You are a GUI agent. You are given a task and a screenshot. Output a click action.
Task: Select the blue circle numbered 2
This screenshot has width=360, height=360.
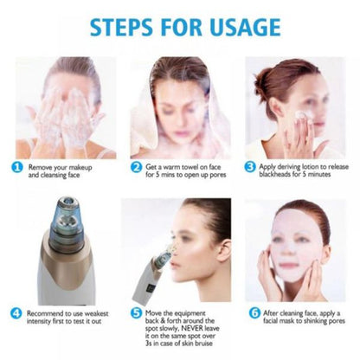(x=136, y=166)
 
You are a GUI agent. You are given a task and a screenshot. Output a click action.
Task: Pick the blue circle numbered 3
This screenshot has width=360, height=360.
(x=250, y=166)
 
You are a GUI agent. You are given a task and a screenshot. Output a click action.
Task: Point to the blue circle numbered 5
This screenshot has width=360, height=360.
(x=136, y=312)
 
